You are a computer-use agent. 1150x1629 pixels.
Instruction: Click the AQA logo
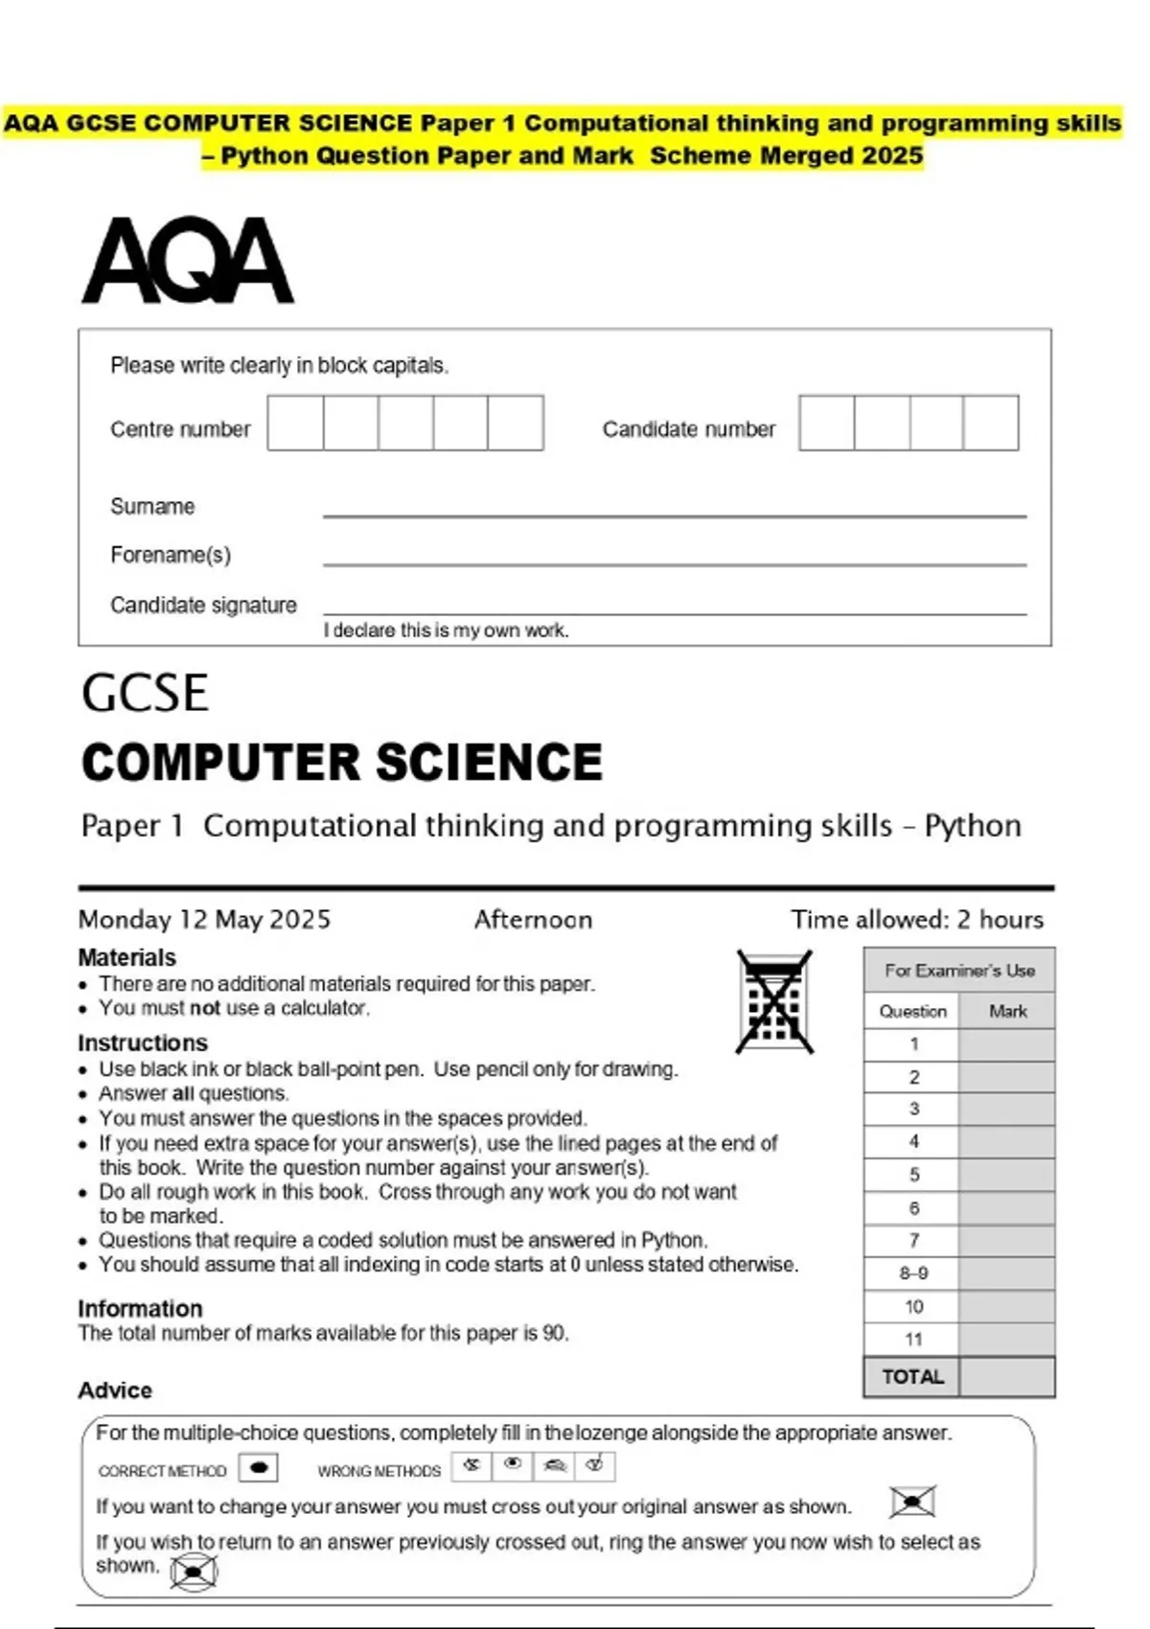click(x=188, y=261)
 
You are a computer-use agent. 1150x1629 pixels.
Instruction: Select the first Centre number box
click(x=295, y=423)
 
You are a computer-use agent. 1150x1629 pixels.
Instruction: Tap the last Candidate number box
click(x=991, y=423)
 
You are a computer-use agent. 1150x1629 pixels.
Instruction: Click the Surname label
click(x=152, y=506)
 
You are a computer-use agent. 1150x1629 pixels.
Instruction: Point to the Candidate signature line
click(x=674, y=611)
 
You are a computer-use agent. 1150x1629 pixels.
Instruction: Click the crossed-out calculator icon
click(x=774, y=1002)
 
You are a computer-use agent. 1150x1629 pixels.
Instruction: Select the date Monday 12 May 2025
click(x=204, y=919)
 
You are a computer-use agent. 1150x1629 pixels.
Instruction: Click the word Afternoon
click(x=533, y=919)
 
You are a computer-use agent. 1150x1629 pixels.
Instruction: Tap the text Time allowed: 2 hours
click(x=916, y=919)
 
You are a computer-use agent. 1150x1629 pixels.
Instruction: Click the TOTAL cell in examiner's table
click(x=912, y=1377)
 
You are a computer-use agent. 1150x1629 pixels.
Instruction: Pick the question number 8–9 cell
click(x=912, y=1273)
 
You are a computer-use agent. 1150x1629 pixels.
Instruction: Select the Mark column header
click(x=1007, y=1011)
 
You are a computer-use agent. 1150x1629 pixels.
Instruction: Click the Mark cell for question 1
click(x=1007, y=1044)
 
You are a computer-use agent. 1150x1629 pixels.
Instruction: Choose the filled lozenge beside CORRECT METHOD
click(x=258, y=1468)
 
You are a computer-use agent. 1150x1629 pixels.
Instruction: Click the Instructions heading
click(x=143, y=1043)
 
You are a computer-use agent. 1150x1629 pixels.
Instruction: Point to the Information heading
click(x=140, y=1308)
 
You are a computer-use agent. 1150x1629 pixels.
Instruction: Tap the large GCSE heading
click(x=145, y=693)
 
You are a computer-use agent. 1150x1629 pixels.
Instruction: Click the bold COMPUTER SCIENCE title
click(x=342, y=763)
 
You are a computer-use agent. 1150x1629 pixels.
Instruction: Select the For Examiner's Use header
click(x=959, y=970)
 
